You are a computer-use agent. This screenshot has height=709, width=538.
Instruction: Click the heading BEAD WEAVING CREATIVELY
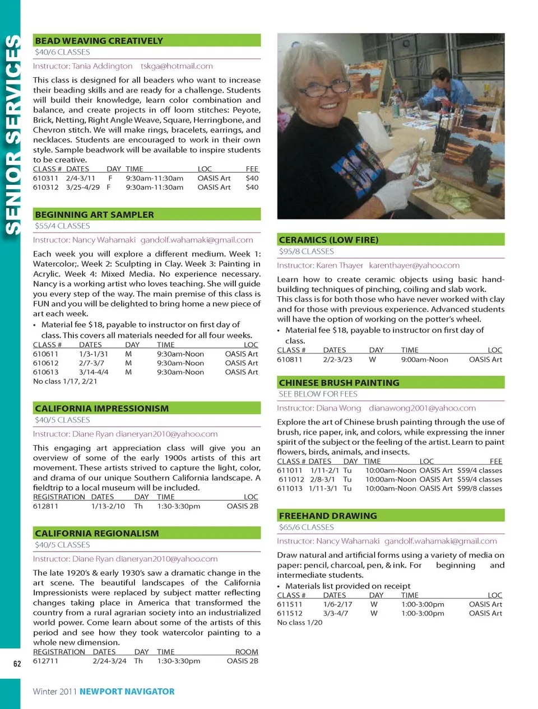pos(99,41)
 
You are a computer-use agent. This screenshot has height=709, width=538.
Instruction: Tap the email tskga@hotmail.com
pos(177,66)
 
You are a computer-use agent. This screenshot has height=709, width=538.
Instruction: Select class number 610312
pos(45,188)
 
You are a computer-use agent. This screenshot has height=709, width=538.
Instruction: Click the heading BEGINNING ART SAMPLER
pos(94,214)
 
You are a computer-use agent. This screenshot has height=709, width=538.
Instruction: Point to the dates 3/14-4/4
pos(94,372)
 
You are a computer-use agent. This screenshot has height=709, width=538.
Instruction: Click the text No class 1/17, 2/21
pos(65,381)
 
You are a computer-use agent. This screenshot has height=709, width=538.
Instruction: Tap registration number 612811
pos(45,506)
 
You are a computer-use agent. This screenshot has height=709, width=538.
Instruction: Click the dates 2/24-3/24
pos(109,661)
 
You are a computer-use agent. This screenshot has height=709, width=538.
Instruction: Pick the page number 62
pos(17,664)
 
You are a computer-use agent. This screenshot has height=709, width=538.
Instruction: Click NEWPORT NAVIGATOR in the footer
pos(127,692)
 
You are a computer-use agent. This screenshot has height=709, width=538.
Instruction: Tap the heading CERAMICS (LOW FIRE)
pos(328,240)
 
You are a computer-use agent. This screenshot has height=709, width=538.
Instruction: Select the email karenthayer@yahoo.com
pos(414,265)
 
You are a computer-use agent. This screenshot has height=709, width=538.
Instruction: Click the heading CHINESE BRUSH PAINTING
pos(339,383)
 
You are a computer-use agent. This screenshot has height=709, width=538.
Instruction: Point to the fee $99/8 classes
pos(479,489)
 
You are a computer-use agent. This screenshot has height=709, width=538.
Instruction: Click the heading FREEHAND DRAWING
pos(328,516)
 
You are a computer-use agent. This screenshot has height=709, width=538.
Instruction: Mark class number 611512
pos(290,614)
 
